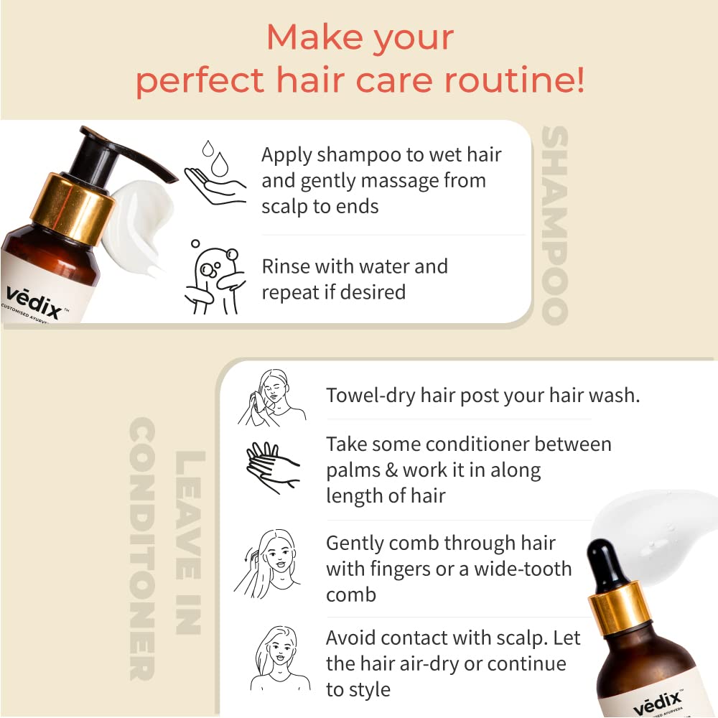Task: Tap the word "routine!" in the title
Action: coord(515,80)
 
